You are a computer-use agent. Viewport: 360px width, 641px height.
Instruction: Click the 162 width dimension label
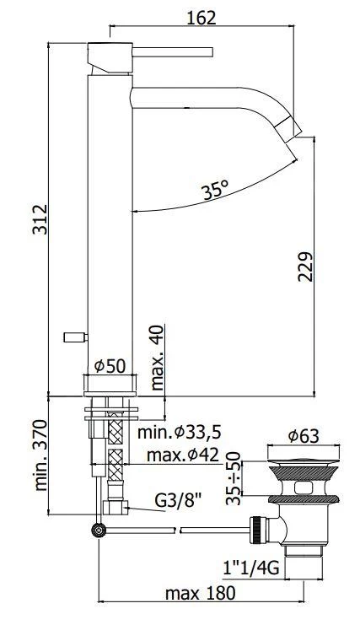201,18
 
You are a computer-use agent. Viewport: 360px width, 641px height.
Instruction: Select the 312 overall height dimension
40,219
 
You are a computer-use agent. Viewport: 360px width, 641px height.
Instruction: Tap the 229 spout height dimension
305,267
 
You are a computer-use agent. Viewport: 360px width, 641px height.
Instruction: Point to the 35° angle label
215,191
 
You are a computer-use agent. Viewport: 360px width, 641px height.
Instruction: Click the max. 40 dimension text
157,358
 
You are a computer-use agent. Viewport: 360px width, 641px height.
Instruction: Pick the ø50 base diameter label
110,366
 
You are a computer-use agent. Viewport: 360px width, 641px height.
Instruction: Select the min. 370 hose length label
40,455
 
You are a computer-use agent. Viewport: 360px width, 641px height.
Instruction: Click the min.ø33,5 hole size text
179,432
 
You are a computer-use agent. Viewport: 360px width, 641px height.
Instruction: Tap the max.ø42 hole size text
182,454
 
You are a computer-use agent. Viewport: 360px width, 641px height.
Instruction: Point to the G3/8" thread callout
179,499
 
